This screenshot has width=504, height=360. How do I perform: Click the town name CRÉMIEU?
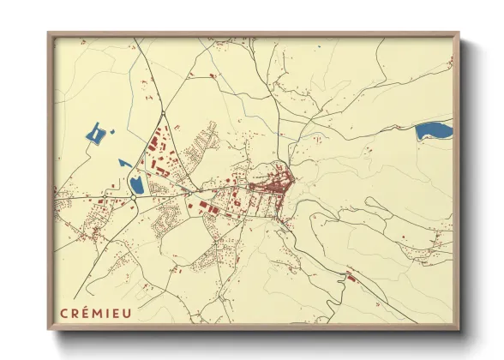tap(96, 312)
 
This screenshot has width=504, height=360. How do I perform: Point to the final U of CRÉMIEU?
tap(128, 312)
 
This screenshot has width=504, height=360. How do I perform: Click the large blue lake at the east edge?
tap(434, 131)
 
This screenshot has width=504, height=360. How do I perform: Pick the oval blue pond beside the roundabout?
tap(136, 183)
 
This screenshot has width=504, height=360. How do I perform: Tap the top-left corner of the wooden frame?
tap(49, 34)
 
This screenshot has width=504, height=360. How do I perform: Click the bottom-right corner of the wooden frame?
tap(459, 329)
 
